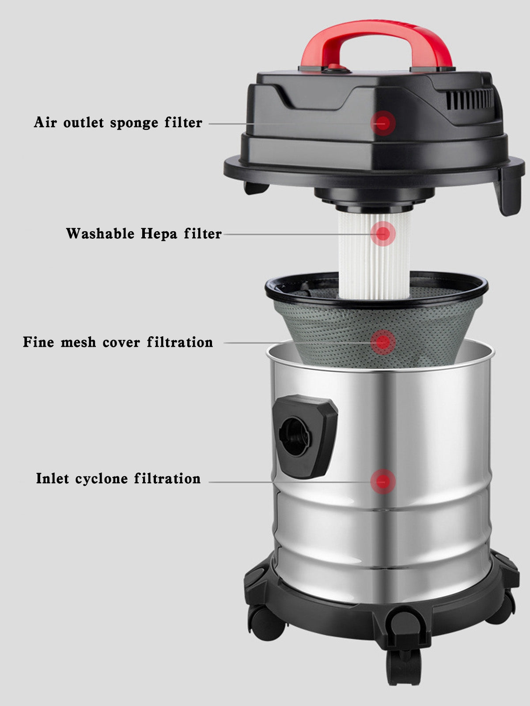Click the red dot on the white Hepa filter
382,232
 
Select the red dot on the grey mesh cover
382,341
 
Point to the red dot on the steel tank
382,481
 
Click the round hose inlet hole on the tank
295,437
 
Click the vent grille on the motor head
469,98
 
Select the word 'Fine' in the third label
38,342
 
